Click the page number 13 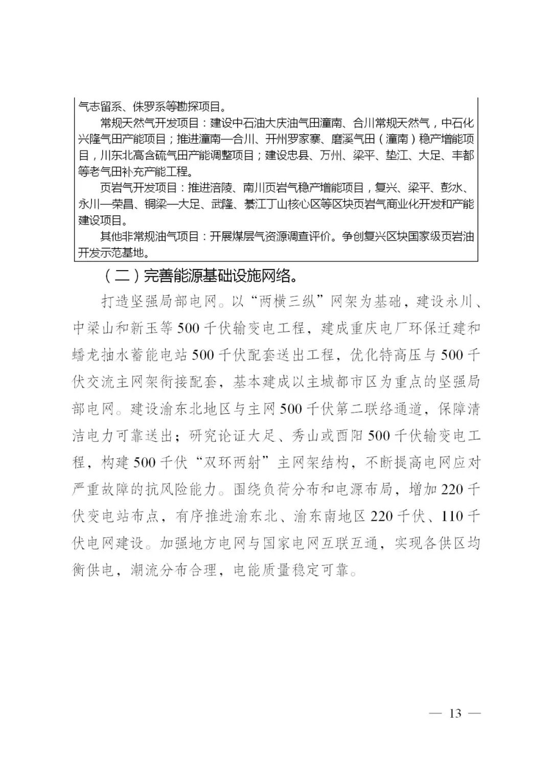click(x=454, y=713)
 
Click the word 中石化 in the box click(x=457, y=123)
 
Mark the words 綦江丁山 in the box click(x=266, y=205)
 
